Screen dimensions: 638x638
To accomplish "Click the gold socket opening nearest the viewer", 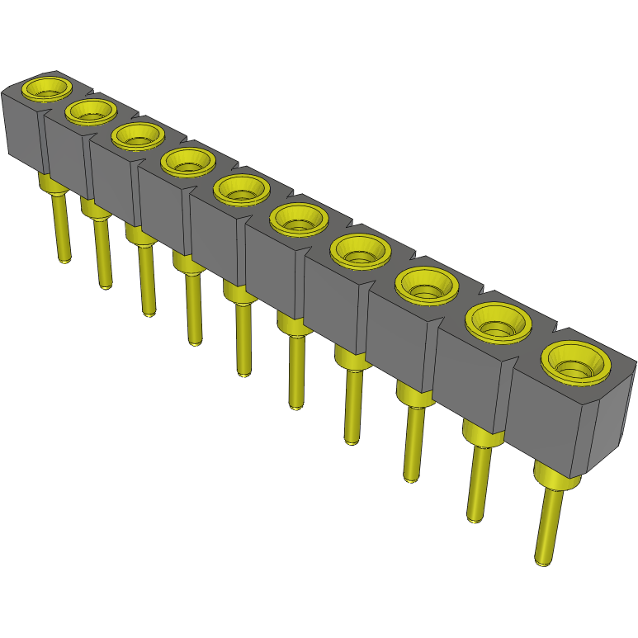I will (x=576, y=363).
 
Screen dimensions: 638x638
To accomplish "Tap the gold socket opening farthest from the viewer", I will (x=46, y=87).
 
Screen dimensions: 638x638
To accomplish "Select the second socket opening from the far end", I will (x=91, y=111).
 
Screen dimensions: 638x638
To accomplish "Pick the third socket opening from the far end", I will (x=136, y=135).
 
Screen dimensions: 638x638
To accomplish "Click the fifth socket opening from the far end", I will (x=241, y=191).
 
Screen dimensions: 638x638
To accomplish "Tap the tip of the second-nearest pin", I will (x=475, y=518).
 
